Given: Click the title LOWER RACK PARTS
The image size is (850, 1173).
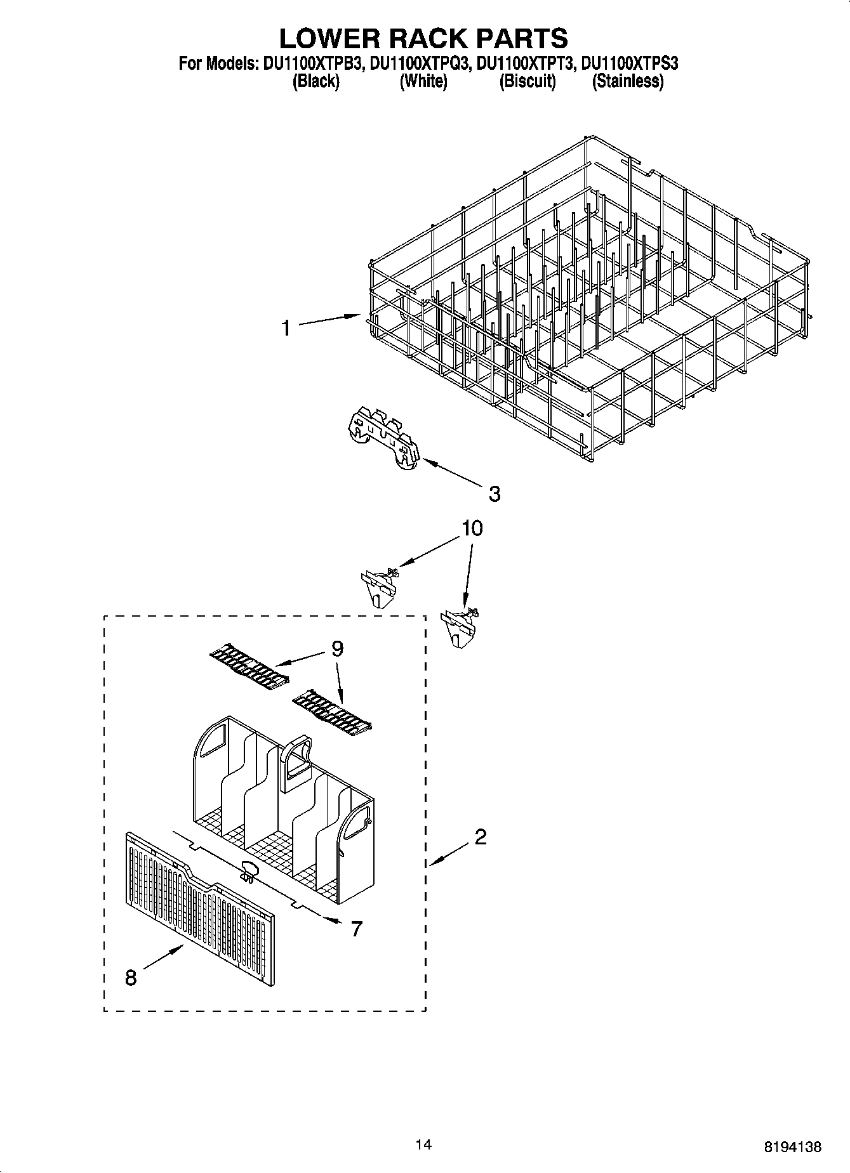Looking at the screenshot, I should tap(423, 38).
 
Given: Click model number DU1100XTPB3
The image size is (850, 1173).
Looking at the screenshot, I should tap(312, 63).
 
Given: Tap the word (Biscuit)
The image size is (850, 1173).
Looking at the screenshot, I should tap(527, 81).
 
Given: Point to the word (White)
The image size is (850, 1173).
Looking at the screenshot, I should tap(423, 81).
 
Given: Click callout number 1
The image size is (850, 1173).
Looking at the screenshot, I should tap(286, 328).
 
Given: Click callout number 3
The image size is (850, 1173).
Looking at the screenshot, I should tap(494, 494).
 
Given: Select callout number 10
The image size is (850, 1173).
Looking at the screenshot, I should tap(472, 528).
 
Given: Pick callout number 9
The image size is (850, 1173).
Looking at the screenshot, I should tap(337, 648).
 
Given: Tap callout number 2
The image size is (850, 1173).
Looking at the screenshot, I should tap(481, 837).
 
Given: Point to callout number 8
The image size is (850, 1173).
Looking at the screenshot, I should tap(131, 978).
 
